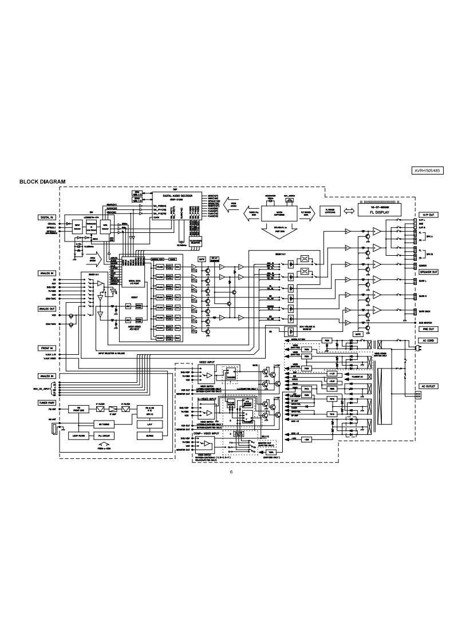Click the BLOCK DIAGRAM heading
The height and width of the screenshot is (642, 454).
tap(42, 182)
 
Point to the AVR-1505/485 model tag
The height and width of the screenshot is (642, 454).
tap(428, 171)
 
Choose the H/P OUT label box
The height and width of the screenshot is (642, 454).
tap(428, 215)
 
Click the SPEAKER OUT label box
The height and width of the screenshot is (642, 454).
tap(428, 272)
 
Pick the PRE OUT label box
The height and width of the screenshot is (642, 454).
tap(428, 329)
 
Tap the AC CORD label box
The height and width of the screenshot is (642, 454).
tap(428, 340)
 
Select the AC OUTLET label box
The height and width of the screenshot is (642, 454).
tap(428, 386)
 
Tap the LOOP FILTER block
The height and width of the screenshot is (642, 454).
tap(78, 435)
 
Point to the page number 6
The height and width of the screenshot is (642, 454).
tap(231, 472)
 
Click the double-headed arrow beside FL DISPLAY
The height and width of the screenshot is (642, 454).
tap(348, 210)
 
